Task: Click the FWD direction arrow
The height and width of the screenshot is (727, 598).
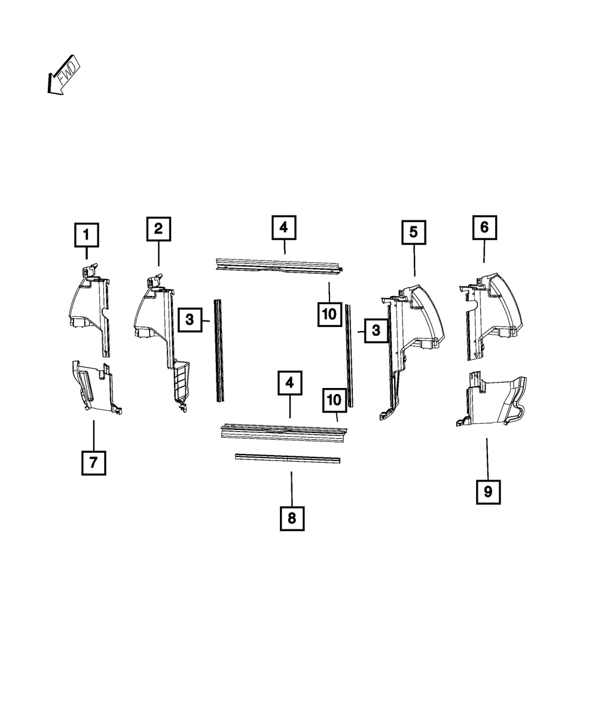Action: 63,77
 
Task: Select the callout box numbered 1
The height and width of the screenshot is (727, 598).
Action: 86,235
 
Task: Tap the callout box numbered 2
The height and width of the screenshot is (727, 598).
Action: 158,228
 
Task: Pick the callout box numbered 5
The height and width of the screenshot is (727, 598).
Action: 414,232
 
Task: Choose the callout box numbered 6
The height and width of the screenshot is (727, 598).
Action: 484,227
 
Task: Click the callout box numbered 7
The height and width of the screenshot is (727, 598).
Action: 93,462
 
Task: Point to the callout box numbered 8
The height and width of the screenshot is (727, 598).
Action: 292,518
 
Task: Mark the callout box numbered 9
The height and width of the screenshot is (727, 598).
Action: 488,492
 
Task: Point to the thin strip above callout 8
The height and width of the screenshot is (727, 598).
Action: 287,458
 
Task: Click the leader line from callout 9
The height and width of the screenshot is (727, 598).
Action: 487,459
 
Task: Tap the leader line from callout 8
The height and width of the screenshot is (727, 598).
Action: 291,488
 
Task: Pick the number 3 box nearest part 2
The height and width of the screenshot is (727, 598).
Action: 190,320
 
